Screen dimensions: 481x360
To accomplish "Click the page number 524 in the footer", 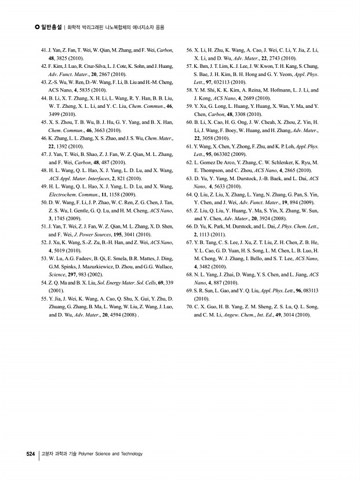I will (x=31, y=454).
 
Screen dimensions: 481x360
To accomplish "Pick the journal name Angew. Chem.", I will (x=231, y=315).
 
